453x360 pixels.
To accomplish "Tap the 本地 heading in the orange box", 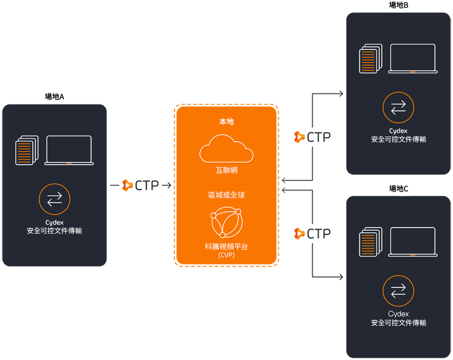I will (x=226, y=122).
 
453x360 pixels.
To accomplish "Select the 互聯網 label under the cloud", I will (x=226, y=170).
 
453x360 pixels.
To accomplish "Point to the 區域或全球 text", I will (x=226, y=195).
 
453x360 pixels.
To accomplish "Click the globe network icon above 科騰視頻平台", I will (x=226, y=222).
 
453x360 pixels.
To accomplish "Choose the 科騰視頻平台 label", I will (x=226, y=247).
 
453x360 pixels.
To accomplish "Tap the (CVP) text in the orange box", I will (x=226, y=255).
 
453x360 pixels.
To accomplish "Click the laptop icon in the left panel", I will (x=69, y=150).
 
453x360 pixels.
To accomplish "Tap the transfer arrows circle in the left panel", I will (x=54, y=199).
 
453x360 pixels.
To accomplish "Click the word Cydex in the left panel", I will (x=54, y=223).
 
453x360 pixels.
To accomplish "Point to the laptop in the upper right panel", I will (x=413, y=58).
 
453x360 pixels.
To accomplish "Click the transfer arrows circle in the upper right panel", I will (x=398, y=107).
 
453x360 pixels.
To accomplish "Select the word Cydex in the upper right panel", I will (x=398, y=131).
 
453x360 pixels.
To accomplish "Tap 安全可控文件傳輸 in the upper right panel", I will (x=398, y=139).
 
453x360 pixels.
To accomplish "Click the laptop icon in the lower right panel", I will (x=413, y=242).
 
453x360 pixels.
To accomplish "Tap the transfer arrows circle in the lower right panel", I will (x=398, y=291).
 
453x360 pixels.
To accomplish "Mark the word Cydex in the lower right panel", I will (x=398, y=314).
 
